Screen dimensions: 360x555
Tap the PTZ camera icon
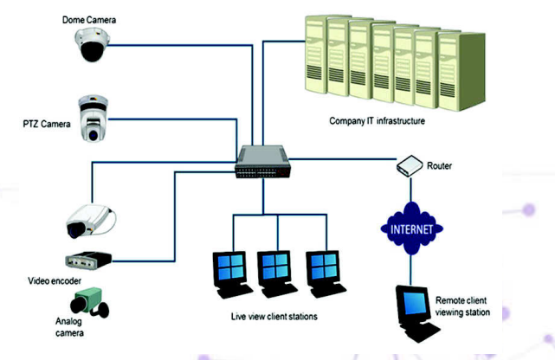pos(92,118)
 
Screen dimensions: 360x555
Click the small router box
pos(409,165)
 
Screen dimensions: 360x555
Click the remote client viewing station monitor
pos(415,304)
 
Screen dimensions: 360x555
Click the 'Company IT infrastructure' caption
pos(378,121)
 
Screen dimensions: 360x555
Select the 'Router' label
pos(440,164)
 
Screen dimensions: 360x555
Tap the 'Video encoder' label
pos(55,282)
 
